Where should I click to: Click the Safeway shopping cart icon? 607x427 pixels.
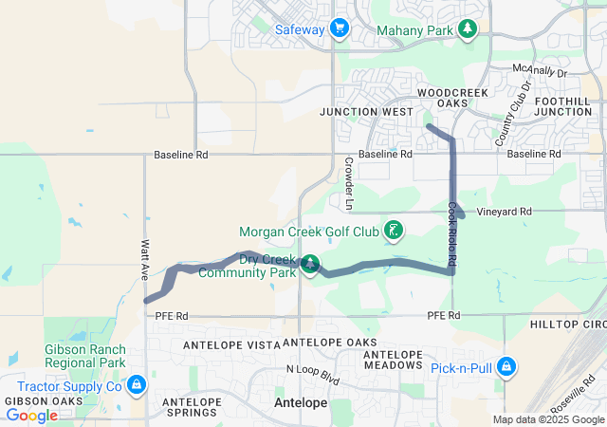340,29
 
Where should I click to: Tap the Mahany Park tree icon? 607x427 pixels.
467,29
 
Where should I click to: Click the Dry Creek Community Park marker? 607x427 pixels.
310,264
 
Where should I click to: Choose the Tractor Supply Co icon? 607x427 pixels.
137,385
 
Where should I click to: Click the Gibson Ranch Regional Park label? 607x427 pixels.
84,356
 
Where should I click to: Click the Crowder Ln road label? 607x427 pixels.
349,184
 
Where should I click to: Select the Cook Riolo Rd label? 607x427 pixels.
452,232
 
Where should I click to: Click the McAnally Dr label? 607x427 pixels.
538,71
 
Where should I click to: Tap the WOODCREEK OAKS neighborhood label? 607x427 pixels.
453,97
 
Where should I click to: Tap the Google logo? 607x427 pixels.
31,415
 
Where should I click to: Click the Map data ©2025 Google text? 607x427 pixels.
547,419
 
